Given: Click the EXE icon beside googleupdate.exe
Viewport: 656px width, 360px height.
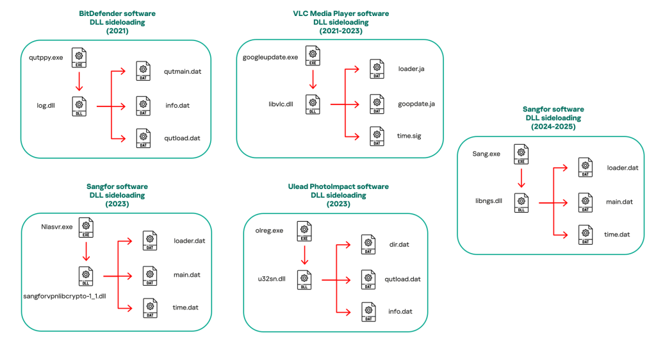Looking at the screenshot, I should point(313,56).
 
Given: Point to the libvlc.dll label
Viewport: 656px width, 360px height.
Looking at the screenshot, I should point(281,104).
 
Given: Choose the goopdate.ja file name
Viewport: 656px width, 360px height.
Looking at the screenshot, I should point(416,103).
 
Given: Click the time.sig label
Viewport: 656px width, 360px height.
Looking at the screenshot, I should point(409,136).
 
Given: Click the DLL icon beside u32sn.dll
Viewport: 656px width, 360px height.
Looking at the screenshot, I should point(305,280).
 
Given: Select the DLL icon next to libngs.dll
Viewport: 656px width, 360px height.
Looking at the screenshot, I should point(521,202).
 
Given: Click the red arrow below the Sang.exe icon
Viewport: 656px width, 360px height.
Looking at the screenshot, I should point(521,177).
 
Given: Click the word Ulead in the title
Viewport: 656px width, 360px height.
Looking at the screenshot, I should point(300,187).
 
